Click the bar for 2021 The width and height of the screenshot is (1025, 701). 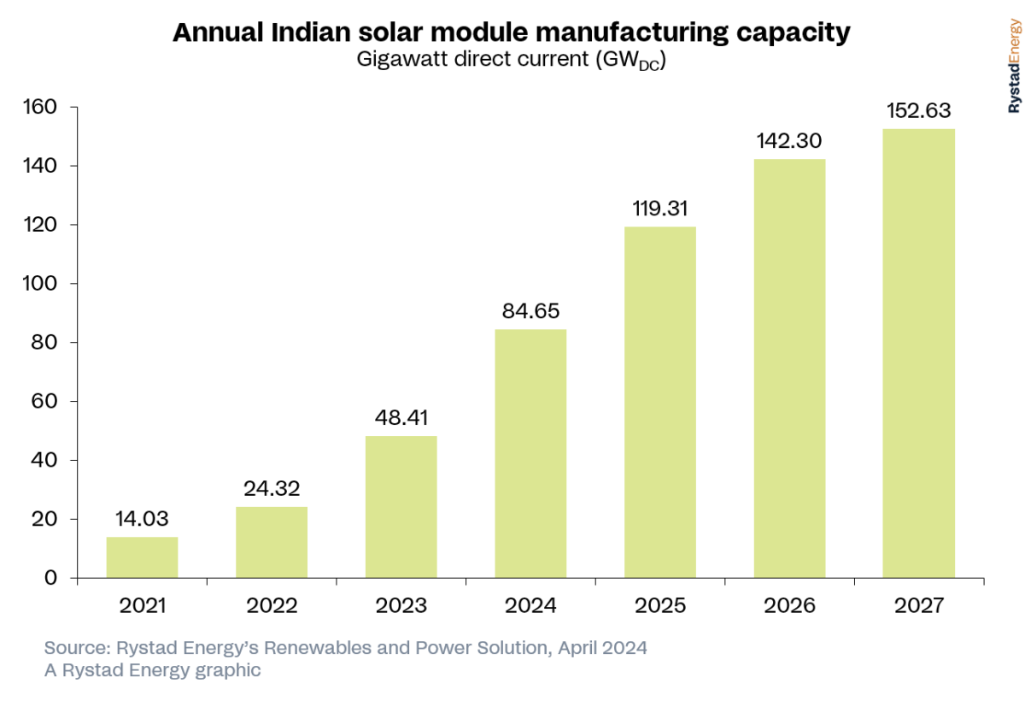tap(142, 557)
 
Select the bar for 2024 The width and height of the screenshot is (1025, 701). tap(530, 454)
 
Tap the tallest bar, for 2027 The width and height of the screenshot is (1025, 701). tap(918, 354)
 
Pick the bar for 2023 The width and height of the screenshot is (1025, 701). tap(401, 507)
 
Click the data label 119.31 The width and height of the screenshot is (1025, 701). tap(659, 209)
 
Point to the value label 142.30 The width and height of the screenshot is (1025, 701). tap(789, 141)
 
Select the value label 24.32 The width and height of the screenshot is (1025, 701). tap(272, 489)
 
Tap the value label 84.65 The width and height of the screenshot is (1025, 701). tap(530, 311)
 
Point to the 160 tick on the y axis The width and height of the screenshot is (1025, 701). tap(38, 107)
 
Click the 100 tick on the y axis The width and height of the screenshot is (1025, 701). tap(38, 284)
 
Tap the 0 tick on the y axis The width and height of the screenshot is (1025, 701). tap(50, 579)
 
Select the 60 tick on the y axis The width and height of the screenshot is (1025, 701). tap(44, 402)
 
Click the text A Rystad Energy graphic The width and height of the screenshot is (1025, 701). tap(152, 670)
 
